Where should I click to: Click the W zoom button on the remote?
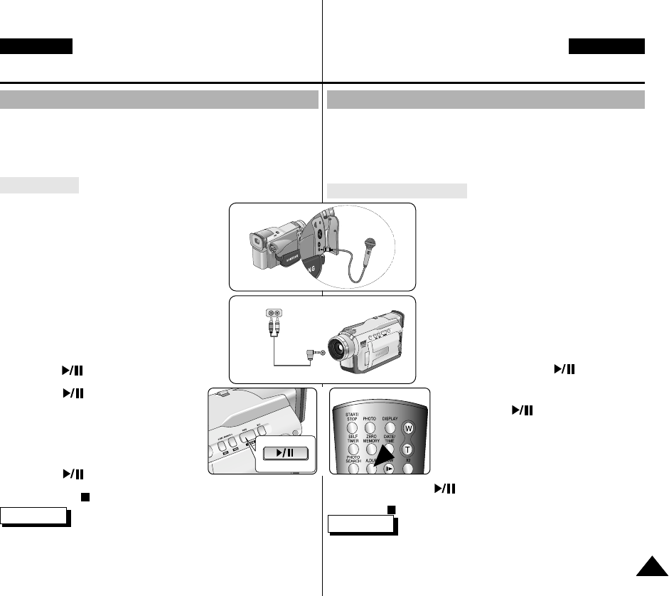[408, 429]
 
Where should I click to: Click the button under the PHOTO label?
[370, 429]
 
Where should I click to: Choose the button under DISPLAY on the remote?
[390, 429]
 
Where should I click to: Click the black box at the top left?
[36, 46]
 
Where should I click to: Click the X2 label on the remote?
[407, 460]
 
